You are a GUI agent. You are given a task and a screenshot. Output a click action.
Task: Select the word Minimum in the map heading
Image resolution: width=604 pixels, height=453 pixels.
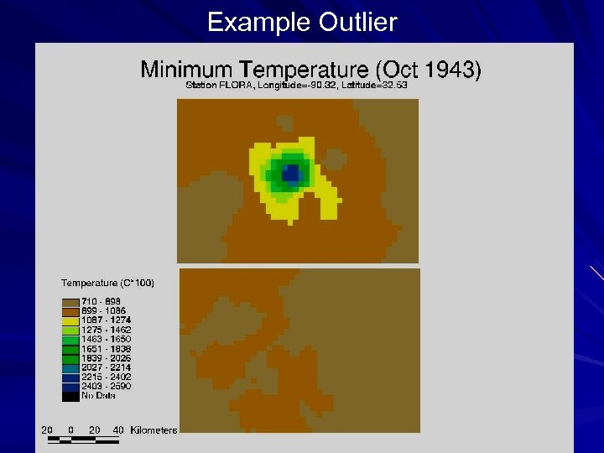186,69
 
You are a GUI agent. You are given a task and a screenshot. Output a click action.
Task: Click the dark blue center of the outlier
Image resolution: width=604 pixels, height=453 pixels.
290,173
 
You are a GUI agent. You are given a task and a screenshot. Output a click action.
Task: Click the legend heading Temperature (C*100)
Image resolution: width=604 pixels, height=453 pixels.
107,283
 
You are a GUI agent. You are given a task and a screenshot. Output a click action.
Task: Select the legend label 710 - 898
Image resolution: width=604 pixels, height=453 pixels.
101,301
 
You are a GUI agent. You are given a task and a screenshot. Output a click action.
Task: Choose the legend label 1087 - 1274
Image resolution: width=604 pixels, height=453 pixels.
106,320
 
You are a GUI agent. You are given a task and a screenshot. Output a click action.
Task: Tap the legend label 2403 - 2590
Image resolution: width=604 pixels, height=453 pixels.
106,386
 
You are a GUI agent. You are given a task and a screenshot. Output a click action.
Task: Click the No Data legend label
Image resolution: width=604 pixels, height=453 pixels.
98,395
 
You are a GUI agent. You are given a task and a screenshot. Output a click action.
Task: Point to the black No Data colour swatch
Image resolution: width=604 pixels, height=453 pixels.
70,395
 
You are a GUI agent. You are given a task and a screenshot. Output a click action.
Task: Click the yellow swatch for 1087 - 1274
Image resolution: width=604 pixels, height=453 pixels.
70,320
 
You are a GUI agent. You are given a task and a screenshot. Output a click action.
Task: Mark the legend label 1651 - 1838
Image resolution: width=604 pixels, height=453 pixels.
106,348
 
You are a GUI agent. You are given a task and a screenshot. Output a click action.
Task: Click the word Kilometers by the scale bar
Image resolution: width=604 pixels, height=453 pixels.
154,430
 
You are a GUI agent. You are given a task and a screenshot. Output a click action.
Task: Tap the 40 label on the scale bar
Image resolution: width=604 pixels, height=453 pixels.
118,430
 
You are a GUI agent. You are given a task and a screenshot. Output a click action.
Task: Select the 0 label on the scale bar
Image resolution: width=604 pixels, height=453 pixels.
70,430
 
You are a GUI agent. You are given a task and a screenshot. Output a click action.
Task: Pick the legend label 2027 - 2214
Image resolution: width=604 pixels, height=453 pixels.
106,367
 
